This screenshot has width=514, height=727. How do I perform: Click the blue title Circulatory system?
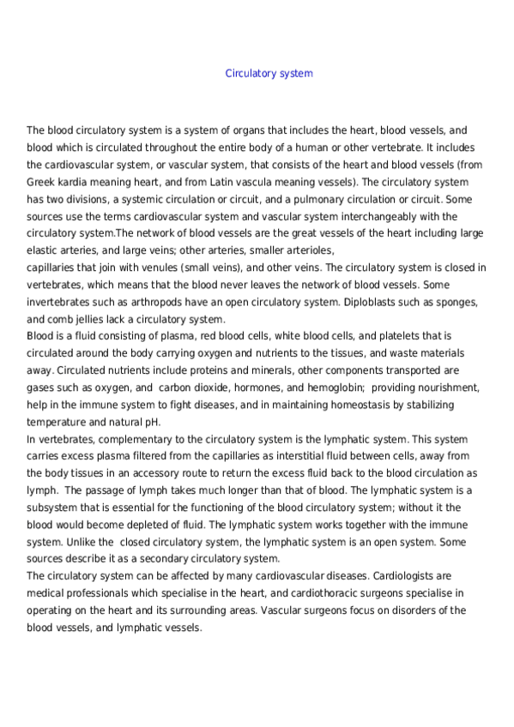coord(269,74)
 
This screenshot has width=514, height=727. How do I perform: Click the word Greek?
coord(41,183)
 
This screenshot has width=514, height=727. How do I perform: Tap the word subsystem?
coord(51,508)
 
